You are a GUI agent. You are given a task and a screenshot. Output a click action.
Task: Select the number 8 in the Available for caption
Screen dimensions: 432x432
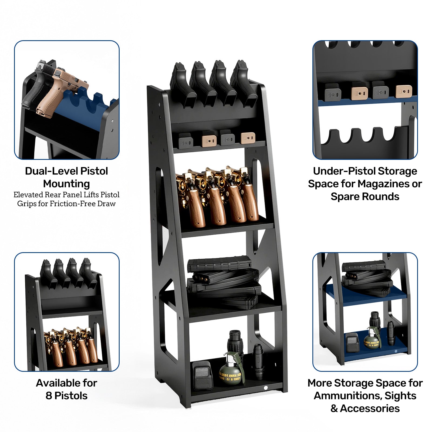49,396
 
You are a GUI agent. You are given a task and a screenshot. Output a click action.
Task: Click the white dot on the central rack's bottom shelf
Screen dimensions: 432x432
265,388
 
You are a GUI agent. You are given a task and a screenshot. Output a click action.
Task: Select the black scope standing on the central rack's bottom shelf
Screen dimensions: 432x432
235,343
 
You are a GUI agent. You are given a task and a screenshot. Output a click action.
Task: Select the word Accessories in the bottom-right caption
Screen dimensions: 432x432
370,409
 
